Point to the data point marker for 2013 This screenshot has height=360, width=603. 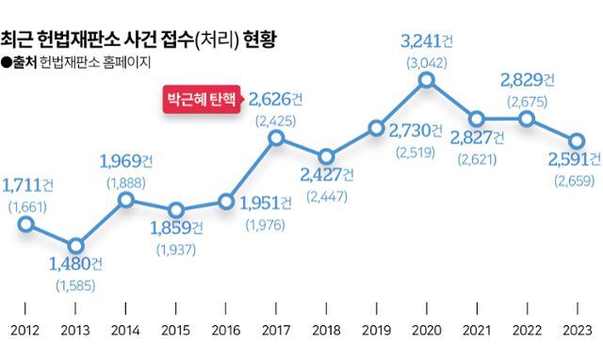pyautogui.click(x=75, y=246)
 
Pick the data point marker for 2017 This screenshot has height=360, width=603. pyautogui.click(x=276, y=138)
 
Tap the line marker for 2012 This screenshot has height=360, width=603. pyautogui.click(x=25, y=224)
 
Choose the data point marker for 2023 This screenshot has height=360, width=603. pyautogui.click(x=577, y=138)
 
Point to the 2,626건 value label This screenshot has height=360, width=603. pyautogui.click(x=275, y=99)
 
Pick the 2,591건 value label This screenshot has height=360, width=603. pyautogui.click(x=574, y=158)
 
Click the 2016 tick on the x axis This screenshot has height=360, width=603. pyautogui.click(x=225, y=330)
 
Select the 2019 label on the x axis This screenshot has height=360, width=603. pyautogui.click(x=376, y=330)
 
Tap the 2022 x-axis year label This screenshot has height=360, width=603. pyautogui.click(x=527, y=330)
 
